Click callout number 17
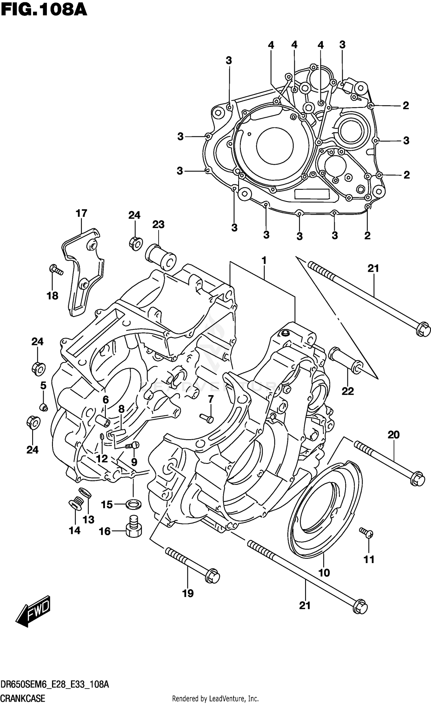(x=81, y=213)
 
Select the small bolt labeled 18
(x=56, y=270)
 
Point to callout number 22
(x=347, y=391)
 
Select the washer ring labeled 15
(x=134, y=504)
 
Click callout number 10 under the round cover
(x=324, y=573)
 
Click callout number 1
(x=264, y=261)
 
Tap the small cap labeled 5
(x=43, y=407)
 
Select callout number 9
(x=134, y=462)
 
